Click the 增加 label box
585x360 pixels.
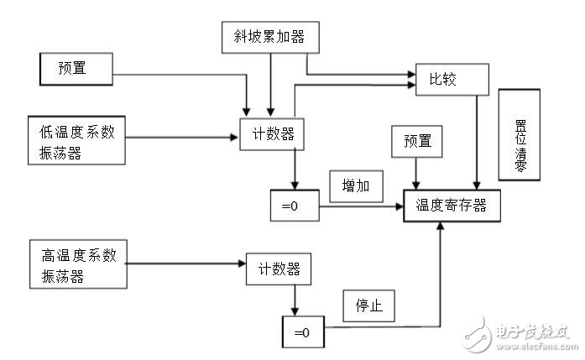[x=356, y=185]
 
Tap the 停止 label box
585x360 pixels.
[x=368, y=306]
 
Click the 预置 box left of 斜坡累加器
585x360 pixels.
[x=76, y=67]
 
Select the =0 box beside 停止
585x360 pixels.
[x=301, y=332]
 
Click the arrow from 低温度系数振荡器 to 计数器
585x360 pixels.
[x=180, y=136]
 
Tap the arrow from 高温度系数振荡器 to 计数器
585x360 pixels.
[x=185, y=264]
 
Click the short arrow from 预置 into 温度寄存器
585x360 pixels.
[x=416, y=173]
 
